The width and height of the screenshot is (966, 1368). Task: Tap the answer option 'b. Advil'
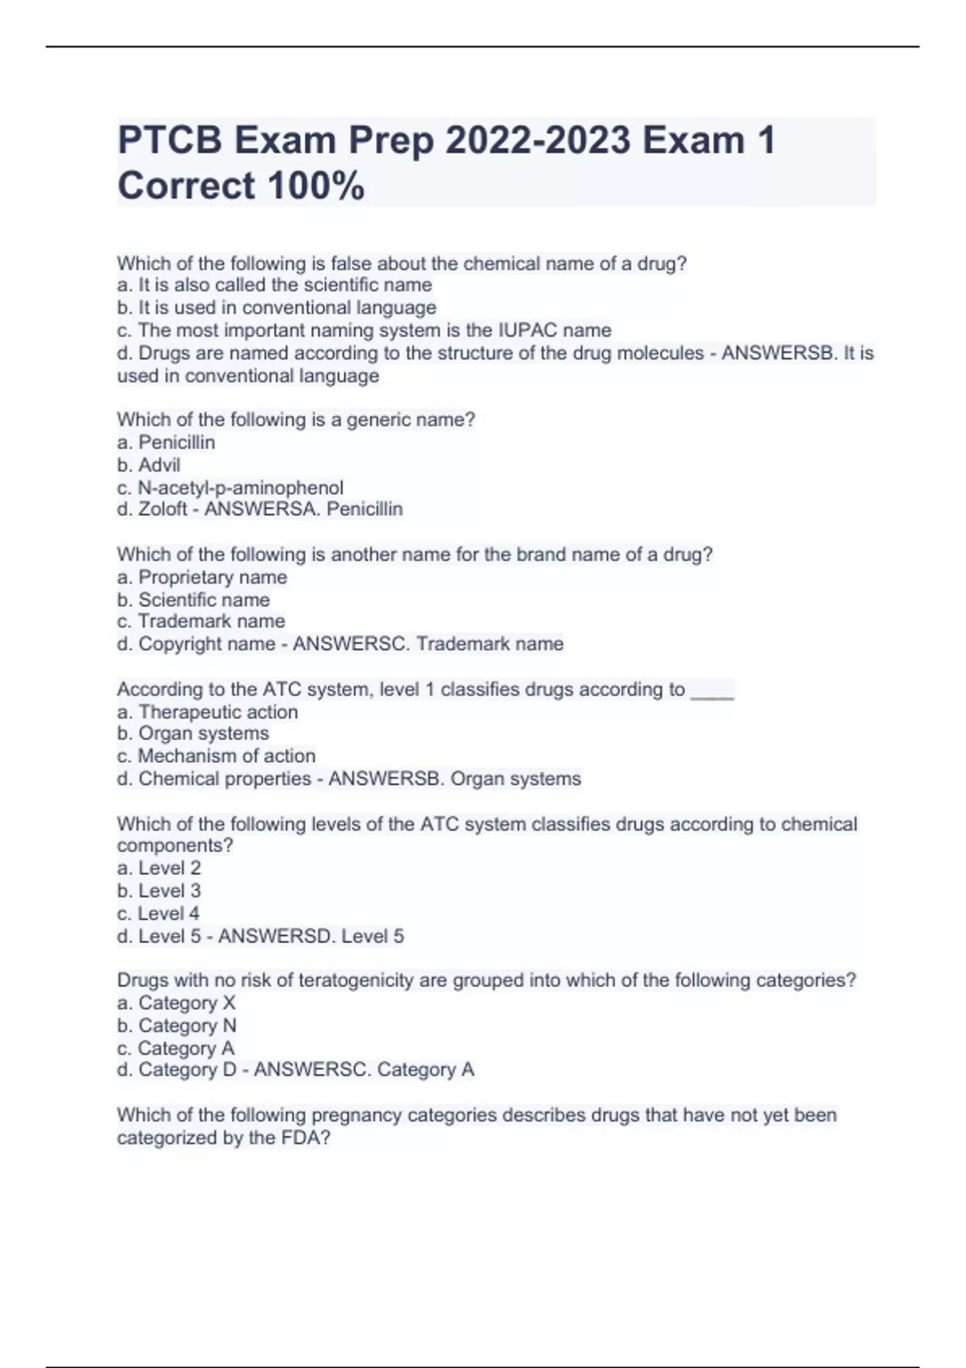149,465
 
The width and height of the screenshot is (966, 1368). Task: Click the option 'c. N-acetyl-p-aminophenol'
230,488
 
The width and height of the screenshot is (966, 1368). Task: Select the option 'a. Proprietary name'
202,577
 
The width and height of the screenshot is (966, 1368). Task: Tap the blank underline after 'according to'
712,691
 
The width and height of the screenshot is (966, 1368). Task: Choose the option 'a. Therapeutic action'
208,712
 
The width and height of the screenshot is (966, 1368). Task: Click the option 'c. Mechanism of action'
217,756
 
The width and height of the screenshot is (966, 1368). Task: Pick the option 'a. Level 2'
159,868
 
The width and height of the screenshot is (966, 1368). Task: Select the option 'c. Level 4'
159,914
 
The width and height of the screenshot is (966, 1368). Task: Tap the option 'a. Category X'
176,1003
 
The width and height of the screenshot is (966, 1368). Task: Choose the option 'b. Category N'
177,1026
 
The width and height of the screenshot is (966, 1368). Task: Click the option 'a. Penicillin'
167,443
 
